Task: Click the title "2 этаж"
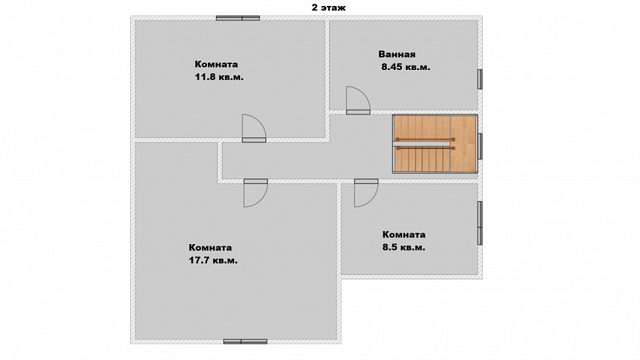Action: pos(328,8)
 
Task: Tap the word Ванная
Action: pos(397,54)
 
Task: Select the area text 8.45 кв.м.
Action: pos(406,67)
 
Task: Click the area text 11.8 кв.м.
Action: pos(219,77)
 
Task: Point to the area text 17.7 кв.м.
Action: pos(213,260)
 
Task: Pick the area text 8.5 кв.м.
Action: pos(404,247)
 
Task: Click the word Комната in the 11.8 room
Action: pos(216,64)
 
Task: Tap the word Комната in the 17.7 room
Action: pos(210,247)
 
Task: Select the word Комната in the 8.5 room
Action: pos(404,234)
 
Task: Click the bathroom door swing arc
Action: pos(365,94)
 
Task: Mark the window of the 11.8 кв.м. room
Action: pos(238,18)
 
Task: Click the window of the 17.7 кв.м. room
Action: pos(245,342)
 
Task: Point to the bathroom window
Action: pos(480,79)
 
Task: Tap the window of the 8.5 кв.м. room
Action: pos(480,223)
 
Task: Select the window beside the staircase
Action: pos(480,146)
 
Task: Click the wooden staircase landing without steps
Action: pos(463,144)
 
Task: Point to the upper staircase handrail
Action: pos(425,139)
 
